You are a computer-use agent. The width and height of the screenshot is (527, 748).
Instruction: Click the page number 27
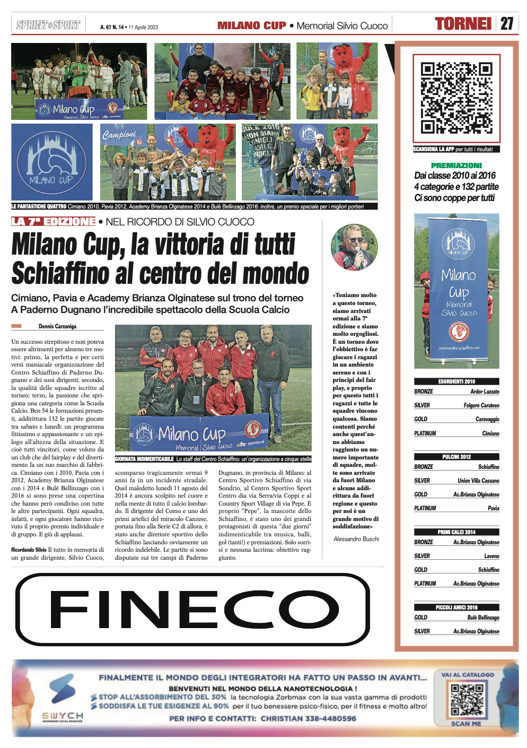pyautogui.click(x=507, y=24)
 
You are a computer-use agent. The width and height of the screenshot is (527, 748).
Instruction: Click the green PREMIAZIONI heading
pyautogui.click(x=456, y=166)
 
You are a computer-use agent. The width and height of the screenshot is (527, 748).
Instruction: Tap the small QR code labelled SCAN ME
pyautogui.click(x=467, y=700)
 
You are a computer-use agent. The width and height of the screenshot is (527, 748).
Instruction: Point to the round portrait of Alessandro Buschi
pyautogui.click(x=354, y=247)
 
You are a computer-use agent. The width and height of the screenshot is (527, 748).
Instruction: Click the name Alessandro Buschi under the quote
pyautogui.click(x=356, y=539)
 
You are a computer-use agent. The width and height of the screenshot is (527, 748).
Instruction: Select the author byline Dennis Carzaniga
pyautogui.click(x=57, y=326)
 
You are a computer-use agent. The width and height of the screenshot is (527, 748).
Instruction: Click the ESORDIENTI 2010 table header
pyautogui.click(x=456, y=381)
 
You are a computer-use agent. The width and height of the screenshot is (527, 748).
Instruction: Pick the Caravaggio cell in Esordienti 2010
pyautogui.click(x=487, y=419)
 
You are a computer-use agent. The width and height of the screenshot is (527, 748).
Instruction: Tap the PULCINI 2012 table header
pyautogui.click(x=456, y=457)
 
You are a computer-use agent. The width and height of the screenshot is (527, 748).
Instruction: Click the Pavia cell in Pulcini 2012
pyautogui.click(x=493, y=508)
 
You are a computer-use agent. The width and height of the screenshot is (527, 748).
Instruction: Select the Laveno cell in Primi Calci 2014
pyautogui.click(x=491, y=556)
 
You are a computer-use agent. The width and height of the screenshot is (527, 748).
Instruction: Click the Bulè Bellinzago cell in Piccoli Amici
pyautogui.click(x=483, y=617)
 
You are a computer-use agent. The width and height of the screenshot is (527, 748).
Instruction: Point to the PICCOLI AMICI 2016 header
pyautogui.click(x=456, y=607)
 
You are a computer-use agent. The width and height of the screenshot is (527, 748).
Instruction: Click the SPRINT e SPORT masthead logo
pyautogui.click(x=48, y=25)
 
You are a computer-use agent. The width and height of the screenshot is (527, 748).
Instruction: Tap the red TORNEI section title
pyautogui.click(x=463, y=24)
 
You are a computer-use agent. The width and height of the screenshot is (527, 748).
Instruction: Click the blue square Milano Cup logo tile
pyautogui.click(x=52, y=162)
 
